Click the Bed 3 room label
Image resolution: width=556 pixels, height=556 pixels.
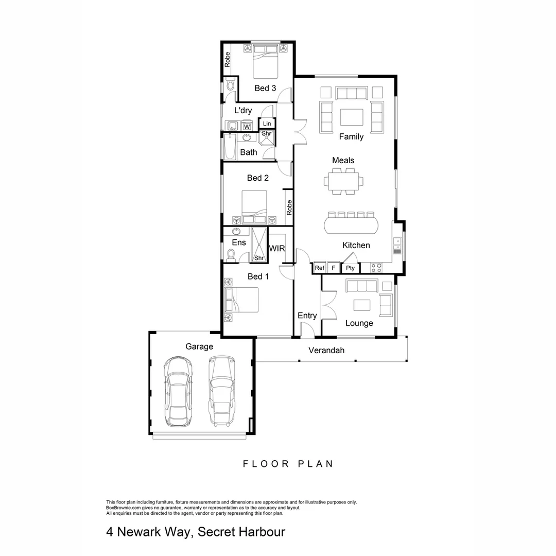[x=265, y=88]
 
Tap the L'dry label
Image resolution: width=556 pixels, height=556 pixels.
[x=243, y=110]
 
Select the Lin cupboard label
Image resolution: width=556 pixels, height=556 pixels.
[x=267, y=124]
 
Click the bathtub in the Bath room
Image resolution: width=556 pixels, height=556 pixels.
[x=230, y=146]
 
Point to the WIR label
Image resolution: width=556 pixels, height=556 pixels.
[x=276, y=248]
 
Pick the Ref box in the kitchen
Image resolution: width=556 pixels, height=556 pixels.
[x=320, y=268]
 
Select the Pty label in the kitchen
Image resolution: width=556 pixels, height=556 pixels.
[x=351, y=268]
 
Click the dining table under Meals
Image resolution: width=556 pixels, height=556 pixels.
[x=343, y=181]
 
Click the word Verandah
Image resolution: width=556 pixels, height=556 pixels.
[x=326, y=351]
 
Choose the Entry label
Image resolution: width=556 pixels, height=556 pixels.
[x=307, y=316]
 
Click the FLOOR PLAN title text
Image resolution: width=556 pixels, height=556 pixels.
[x=288, y=464]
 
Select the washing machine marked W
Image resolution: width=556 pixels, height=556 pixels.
[x=247, y=126]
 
